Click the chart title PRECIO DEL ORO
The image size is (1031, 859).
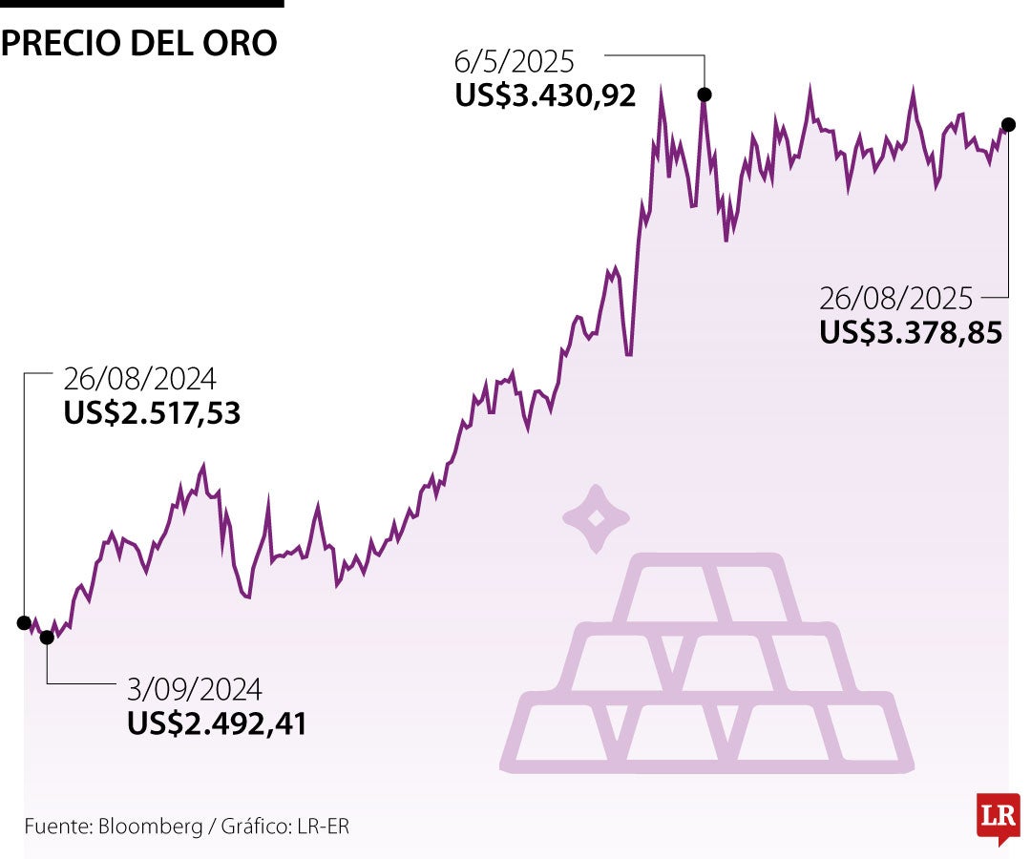139,43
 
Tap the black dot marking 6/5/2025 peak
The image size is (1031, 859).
705,94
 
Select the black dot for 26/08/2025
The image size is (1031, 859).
1008,124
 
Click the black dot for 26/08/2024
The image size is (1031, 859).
24,622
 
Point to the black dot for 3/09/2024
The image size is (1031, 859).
47,638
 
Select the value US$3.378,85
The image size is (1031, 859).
911,332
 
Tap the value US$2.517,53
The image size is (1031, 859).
152,413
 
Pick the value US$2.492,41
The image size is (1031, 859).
217,723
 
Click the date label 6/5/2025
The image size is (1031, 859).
515,63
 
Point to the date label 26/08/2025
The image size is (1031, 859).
895,300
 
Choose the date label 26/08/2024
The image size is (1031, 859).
139,380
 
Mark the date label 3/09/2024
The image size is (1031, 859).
194,690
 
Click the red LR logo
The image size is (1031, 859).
998,817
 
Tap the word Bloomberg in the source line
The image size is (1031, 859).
151,827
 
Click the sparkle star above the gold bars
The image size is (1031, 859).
597,518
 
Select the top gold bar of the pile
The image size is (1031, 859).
707,589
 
